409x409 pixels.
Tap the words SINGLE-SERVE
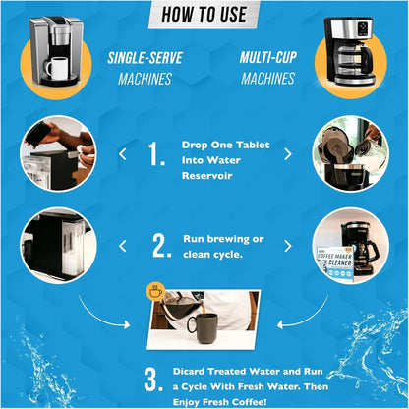(142, 60)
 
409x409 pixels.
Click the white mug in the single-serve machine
(58, 68)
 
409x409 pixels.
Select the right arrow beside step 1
(288, 153)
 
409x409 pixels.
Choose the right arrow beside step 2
(288, 246)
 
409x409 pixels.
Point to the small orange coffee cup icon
(155, 291)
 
